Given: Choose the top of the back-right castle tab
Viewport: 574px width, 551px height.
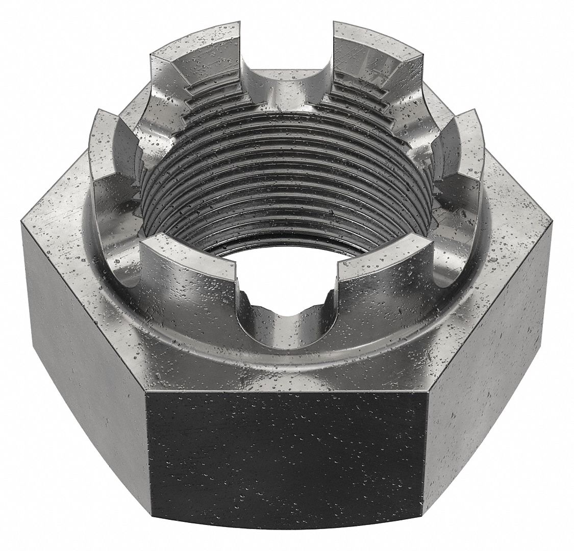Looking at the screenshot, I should click(378, 38).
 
